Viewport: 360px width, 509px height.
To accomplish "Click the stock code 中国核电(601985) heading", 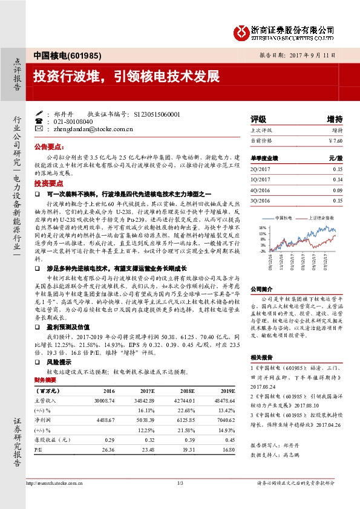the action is click(60, 54).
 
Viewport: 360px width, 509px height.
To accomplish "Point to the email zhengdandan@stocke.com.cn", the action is click(93, 129).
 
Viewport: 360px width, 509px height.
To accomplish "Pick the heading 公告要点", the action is click(48, 147).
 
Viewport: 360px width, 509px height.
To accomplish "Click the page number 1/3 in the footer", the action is click(180, 483).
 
